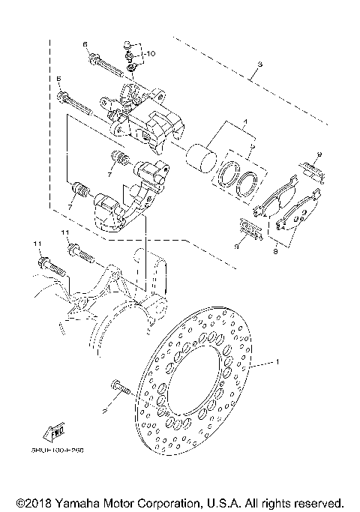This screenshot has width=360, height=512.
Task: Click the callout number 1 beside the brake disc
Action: (278, 364)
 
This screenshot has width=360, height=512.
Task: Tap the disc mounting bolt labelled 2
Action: (120, 388)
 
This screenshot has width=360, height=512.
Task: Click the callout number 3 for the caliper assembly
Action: (258, 65)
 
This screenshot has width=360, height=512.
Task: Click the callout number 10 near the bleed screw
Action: (150, 54)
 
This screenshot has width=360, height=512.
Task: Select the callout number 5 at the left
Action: (58, 78)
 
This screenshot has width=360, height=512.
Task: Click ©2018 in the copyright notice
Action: (33, 501)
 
